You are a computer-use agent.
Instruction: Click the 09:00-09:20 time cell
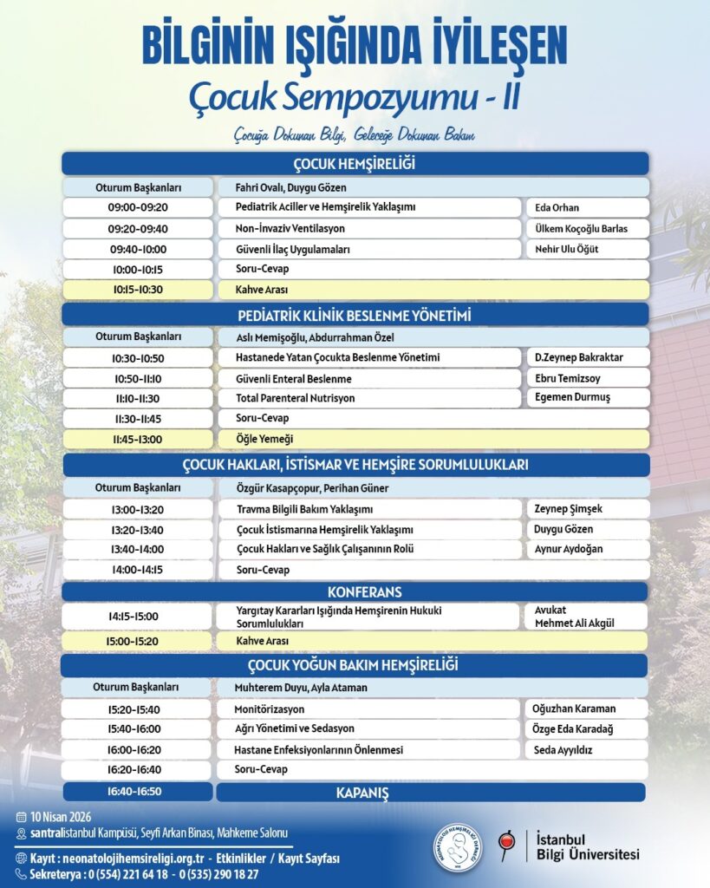click(137, 207)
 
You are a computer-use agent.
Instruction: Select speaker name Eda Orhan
click(557, 208)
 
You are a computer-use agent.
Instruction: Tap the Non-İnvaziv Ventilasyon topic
click(290, 229)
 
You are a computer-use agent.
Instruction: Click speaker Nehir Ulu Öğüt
click(566, 249)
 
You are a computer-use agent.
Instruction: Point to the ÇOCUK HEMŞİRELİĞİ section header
click(355, 163)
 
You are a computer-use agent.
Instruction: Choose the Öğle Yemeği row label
click(264, 439)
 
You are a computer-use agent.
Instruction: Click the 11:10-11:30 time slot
click(137, 398)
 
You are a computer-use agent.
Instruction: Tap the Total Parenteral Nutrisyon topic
click(295, 398)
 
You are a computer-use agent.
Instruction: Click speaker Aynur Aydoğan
click(568, 549)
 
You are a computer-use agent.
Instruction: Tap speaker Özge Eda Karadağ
click(573, 729)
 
